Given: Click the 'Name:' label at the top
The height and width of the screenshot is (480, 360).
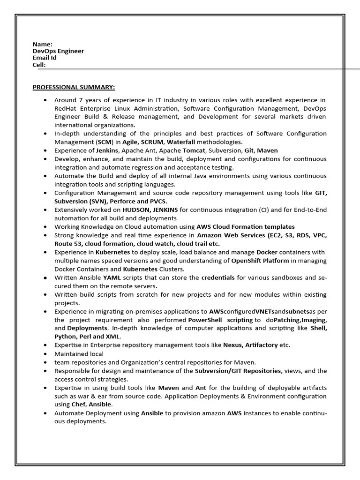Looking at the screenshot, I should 42,44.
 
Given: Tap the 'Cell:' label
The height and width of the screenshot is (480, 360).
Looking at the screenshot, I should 39,65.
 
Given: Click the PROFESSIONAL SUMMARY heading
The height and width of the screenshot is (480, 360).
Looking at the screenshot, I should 74,87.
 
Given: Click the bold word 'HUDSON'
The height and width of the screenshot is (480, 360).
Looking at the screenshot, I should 137,210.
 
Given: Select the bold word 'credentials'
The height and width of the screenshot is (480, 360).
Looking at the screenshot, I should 218,277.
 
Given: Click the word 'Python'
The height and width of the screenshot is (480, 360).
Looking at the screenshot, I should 65,337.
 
